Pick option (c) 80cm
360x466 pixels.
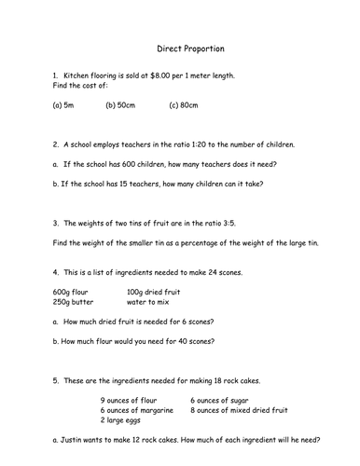tap(184, 106)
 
